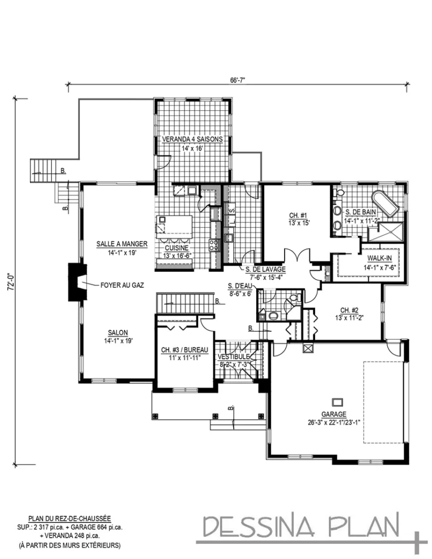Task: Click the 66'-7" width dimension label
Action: pos(238,80)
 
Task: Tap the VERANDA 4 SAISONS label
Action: pos(192,139)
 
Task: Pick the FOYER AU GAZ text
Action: pos(122,284)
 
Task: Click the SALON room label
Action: pos(117,332)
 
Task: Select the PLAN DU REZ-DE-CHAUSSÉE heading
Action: pos(69,518)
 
